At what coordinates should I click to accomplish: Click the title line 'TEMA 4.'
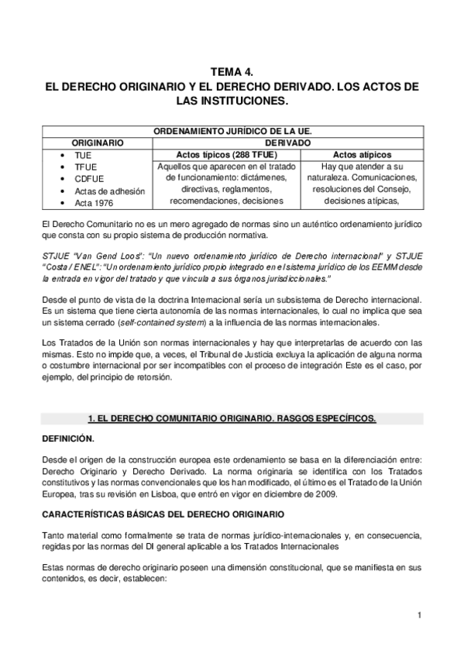[232, 71]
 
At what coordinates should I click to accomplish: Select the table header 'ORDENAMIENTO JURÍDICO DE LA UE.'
[232, 132]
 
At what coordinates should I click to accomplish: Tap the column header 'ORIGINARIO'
[98, 143]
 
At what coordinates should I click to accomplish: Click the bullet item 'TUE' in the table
[83, 155]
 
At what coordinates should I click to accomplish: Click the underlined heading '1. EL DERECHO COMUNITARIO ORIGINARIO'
[232, 418]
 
